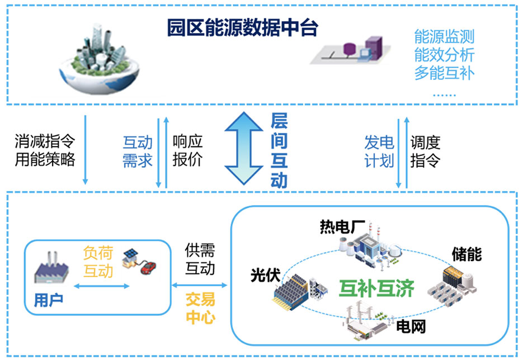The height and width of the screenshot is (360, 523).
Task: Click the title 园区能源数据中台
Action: point(243,27)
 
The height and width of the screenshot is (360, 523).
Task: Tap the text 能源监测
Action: point(444,36)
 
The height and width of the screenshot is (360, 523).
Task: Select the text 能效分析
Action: point(444,55)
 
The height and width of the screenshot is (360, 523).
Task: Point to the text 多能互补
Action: point(444,73)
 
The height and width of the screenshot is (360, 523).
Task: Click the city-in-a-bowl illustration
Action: point(99,58)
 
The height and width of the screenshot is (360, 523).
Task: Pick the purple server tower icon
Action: point(374,48)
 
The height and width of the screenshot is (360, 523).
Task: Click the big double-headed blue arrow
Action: point(244,148)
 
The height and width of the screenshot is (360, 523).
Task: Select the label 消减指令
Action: point(45,141)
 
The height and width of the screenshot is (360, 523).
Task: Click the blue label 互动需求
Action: point(138,151)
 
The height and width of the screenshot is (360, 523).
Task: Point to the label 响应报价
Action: point(187,151)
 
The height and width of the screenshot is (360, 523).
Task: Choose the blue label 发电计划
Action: point(379,151)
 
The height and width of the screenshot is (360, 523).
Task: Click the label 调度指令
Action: point(425,151)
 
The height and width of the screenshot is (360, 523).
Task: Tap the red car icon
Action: point(148,268)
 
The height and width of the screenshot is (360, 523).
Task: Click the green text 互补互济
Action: point(377,288)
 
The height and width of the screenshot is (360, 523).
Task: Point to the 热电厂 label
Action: point(342,227)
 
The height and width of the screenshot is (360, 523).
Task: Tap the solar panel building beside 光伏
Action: point(291,292)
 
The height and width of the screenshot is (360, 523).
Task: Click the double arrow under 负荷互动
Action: point(101,286)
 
